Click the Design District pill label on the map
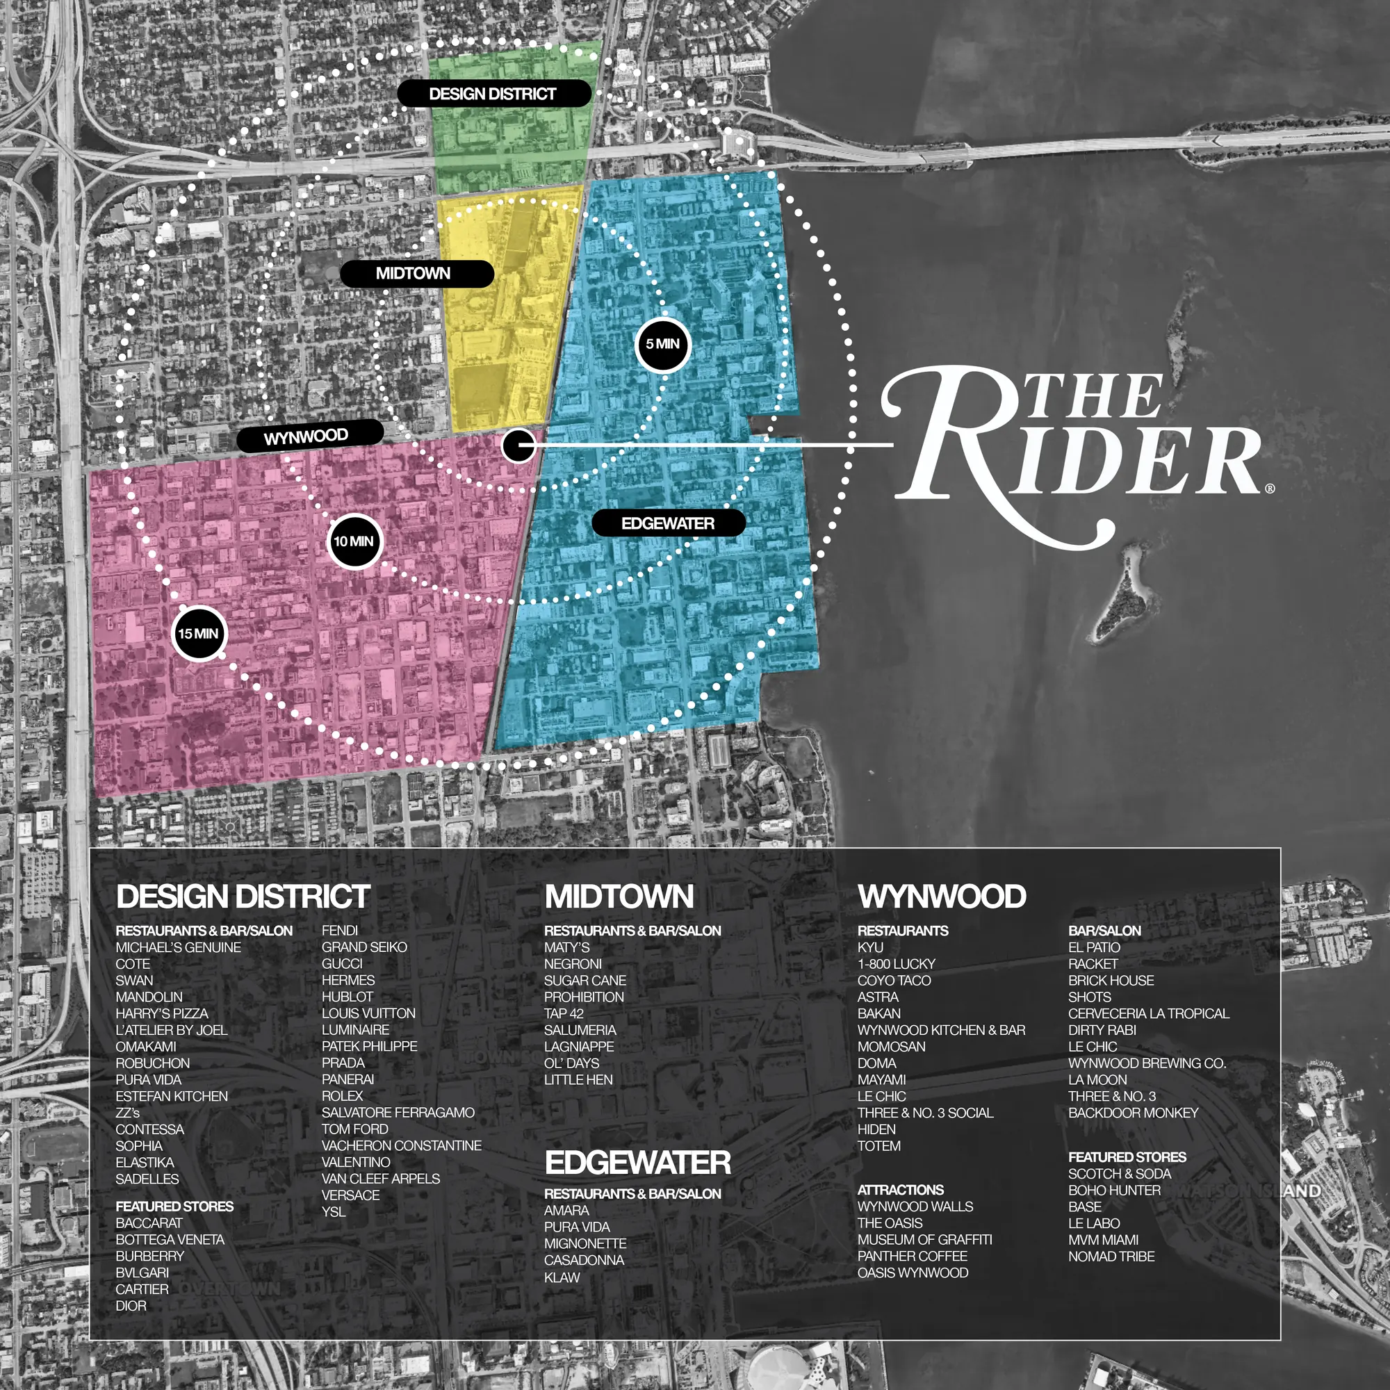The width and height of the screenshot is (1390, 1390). pyautogui.click(x=493, y=94)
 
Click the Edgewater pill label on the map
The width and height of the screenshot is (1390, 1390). pyautogui.click(x=668, y=523)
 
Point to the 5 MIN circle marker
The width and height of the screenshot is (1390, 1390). pyautogui.click(x=662, y=344)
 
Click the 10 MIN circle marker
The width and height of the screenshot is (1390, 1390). pyautogui.click(x=354, y=541)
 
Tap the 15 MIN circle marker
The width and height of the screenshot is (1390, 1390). pyautogui.click(x=199, y=633)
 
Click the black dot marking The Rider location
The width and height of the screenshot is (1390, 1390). pyautogui.click(x=518, y=445)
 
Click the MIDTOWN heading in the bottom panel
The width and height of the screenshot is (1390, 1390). pyautogui.click(x=619, y=897)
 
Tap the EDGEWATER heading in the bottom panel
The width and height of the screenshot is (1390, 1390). pyautogui.click(x=637, y=1163)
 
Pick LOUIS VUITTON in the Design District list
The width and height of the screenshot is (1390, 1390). pyautogui.click(x=368, y=1013)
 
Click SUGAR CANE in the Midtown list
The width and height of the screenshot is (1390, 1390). pyautogui.click(x=585, y=980)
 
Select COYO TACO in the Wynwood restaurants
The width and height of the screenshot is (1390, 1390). pyautogui.click(x=894, y=980)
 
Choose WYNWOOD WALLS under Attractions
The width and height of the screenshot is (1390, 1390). pyautogui.click(x=915, y=1207)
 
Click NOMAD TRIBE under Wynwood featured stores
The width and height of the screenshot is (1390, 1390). pyautogui.click(x=1111, y=1256)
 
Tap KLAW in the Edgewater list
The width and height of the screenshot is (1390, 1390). pyautogui.click(x=562, y=1278)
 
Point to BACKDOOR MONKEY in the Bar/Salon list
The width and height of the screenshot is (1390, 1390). pyautogui.click(x=1133, y=1112)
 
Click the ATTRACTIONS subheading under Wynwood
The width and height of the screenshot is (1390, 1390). pyautogui.click(x=900, y=1190)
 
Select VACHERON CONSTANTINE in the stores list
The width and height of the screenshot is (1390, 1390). pyautogui.click(x=402, y=1145)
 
